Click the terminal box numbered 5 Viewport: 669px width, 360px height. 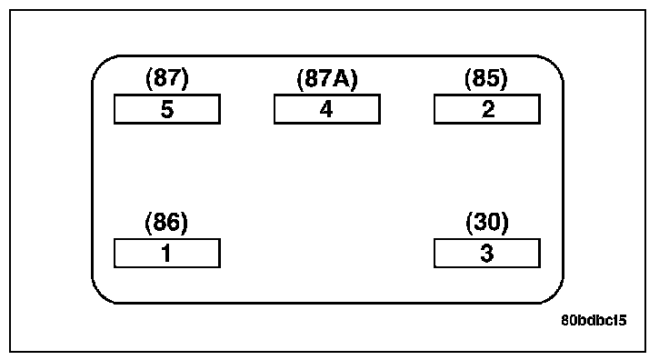point(167,109)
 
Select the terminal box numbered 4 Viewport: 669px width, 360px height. point(327,109)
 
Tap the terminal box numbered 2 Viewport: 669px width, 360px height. point(487,109)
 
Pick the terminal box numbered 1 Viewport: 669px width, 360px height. point(167,254)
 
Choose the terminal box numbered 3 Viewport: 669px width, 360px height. point(487,254)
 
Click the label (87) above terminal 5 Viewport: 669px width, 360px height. point(167,78)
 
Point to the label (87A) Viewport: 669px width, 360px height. point(327,79)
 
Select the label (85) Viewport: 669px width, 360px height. point(486,78)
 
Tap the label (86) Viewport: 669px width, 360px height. point(166,223)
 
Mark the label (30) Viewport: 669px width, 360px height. point(487,223)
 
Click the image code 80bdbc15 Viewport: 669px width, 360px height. point(594,320)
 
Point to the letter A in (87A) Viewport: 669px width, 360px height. point(344,79)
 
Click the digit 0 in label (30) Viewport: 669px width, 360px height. point(494,222)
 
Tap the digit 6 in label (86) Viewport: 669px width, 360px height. point(175,222)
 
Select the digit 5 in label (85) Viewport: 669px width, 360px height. point(494,78)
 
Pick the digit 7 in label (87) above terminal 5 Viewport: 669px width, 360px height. point(175,78)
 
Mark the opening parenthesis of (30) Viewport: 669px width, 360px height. point(468,223)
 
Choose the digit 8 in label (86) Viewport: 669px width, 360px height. point(159,222)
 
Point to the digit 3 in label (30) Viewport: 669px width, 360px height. point(480,222)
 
